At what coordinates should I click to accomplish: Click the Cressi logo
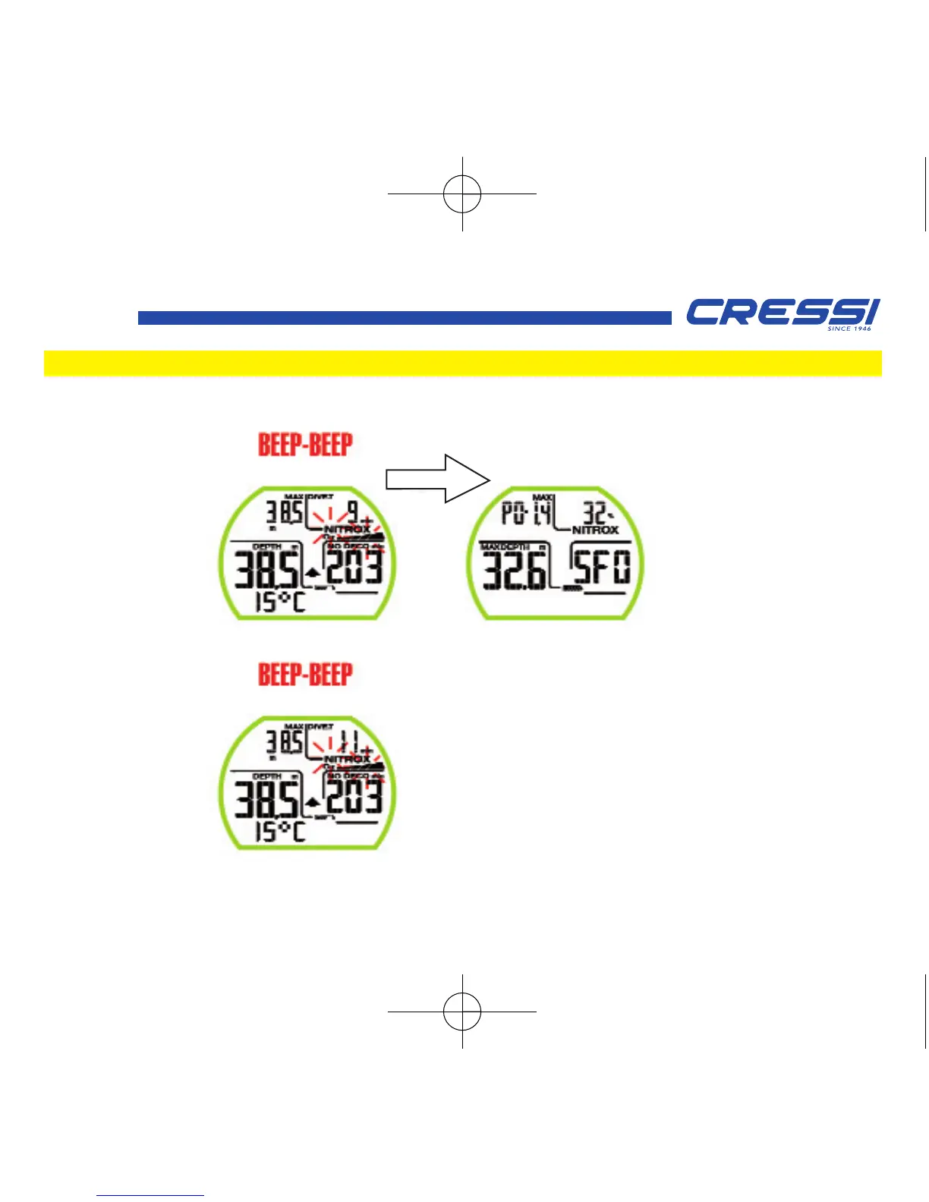pyautogui.click(x=782, y=313)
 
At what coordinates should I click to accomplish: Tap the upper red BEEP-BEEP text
pyautogui.click(x=305, y=445)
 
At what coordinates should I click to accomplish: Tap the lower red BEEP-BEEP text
pyautogui.click(x=305, y=675)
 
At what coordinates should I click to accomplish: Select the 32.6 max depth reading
pyautogui.click(x=514, y=570)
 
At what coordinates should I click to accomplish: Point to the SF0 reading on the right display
pyautogui.click(x=601, y=568)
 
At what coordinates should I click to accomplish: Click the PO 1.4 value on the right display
pyautogui.click(x=527, y=514)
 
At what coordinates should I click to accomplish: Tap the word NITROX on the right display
pyautogui.click(x=595, y=530)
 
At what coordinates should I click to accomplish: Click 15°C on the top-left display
pyautogui.click(x=279, y=603)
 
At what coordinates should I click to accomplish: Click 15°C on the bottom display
pyautogui.click(x=279, y=832)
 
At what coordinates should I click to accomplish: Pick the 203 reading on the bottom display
pyautogui.click(x=354, y=795)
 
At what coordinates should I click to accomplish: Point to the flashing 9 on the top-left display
pyautogui.click(x=353, y=511)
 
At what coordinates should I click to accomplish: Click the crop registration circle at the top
pyautogui.click(x=462, y=194)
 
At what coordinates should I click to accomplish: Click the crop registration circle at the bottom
pyautogui.click(x=462, y=1012)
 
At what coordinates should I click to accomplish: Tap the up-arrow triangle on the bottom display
pyautogui.click(x=312, y=801)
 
